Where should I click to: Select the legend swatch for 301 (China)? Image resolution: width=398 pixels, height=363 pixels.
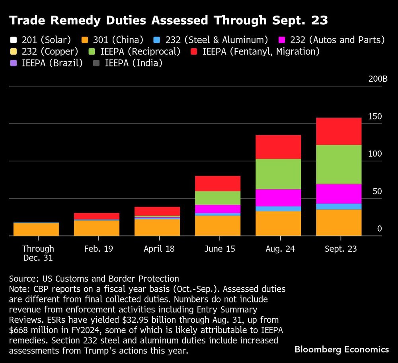84,40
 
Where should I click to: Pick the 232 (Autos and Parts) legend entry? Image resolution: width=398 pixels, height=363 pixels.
326,40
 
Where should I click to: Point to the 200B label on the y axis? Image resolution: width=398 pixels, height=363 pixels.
378,79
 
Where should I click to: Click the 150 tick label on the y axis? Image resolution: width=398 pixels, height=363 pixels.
375,116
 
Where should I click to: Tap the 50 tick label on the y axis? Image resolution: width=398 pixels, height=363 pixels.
377,191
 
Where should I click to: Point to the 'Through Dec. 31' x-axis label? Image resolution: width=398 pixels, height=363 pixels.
38,253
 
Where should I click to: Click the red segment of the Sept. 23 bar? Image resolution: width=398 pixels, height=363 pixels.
339,131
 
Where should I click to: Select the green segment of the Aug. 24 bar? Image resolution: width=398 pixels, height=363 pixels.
278,174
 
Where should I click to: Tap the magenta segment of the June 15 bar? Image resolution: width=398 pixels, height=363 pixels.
218,209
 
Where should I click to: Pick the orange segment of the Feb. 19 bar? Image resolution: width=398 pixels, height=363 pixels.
97,228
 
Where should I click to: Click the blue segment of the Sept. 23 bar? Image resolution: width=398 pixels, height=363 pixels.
339,206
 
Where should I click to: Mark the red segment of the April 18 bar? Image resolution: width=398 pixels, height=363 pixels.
157,211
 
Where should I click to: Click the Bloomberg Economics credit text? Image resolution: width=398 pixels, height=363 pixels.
341,349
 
